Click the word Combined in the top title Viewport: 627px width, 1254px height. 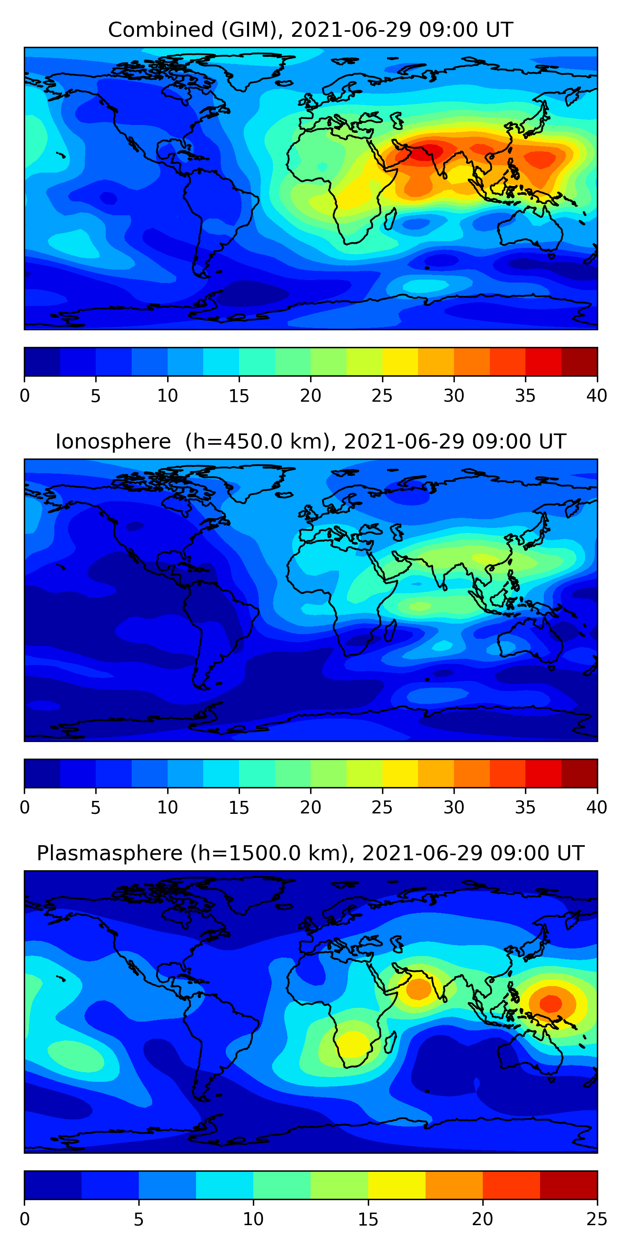click(160, 30)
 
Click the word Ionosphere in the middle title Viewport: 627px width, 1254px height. click(113, 441)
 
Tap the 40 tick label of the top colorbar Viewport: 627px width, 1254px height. click(596, 396)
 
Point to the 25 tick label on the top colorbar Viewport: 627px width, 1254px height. click(382, 396)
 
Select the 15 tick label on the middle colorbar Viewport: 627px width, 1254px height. click(239, 807)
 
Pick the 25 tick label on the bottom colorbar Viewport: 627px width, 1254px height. click(596, 1219)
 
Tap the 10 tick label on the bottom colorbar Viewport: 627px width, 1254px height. click(253, 1219)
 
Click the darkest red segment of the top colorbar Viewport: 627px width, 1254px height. click(579, 361)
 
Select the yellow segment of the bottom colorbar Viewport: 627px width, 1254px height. click(397, 1185)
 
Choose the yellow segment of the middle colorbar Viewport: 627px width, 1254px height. click(400, 773)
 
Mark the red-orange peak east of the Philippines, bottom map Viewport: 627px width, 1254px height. click(551, 1003)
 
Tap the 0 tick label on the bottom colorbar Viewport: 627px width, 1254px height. click(25, 1219)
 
